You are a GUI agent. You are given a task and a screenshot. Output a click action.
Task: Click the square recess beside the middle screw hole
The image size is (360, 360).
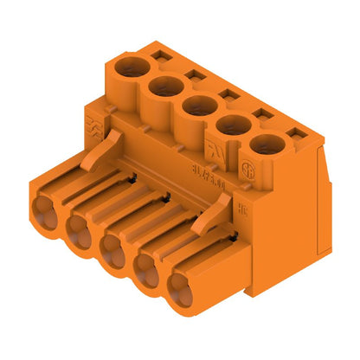(x=228, y=94)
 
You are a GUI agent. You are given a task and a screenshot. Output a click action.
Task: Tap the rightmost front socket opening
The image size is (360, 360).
(x=181, y=290)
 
